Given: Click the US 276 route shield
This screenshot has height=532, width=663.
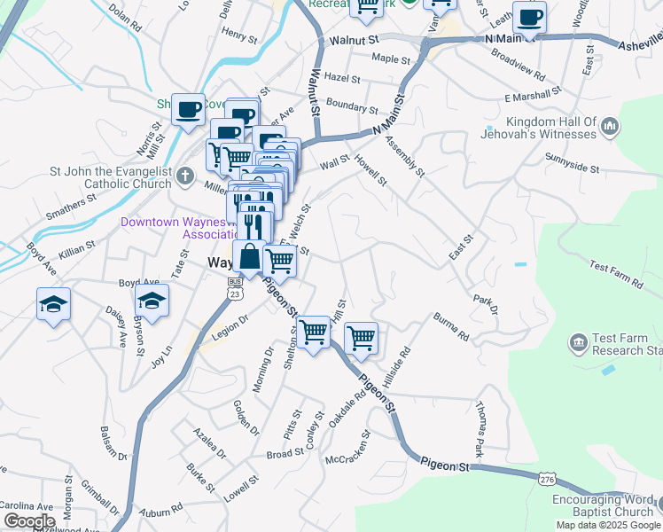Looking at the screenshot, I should tap(547, 479).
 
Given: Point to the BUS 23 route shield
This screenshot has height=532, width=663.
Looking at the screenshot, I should tap(235, 287).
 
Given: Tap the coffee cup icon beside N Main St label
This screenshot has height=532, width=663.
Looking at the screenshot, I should tap(530, 17).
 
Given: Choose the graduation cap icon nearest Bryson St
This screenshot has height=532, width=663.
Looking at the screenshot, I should tap(152, 301).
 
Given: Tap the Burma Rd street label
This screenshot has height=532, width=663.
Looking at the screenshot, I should tap(450, 326).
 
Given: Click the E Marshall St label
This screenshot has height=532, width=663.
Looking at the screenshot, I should tap(534, 93).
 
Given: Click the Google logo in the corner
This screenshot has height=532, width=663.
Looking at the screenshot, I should tap(29, 521).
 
